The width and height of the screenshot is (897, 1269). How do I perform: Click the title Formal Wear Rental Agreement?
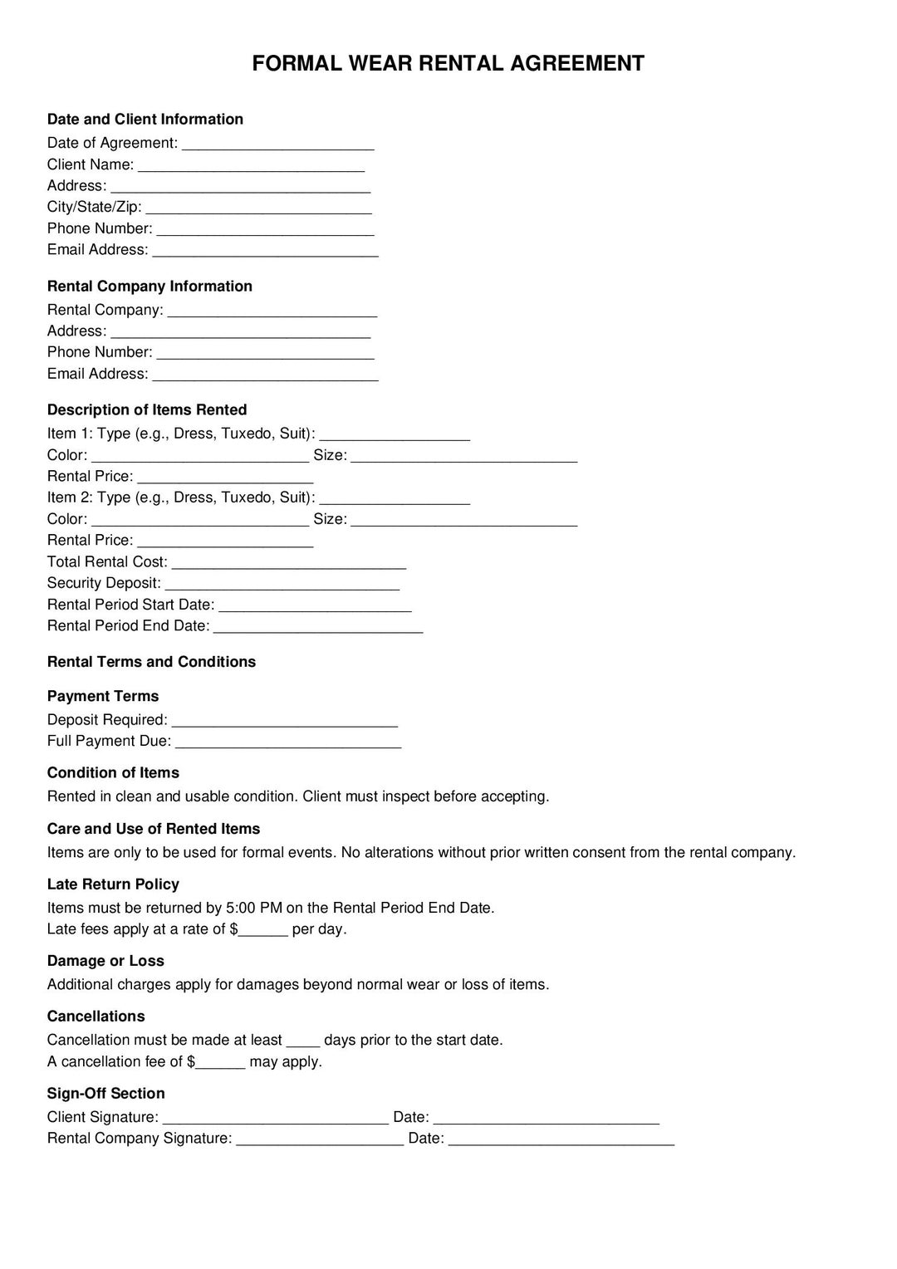448,64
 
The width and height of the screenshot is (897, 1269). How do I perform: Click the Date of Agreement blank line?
277,145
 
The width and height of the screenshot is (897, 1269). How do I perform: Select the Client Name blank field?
251,166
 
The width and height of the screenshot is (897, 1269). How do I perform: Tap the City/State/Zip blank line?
258,208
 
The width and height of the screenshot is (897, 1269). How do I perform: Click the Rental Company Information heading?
149,287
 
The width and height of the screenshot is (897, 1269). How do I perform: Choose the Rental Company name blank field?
272,311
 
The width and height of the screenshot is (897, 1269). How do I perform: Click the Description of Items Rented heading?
147,410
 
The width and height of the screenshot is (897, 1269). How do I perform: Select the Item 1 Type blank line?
395,435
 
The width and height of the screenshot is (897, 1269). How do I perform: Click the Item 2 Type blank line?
395,499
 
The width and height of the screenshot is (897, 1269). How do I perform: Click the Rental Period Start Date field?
315,606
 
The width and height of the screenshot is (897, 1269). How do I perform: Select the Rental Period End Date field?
318,627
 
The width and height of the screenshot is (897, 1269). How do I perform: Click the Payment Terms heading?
103,697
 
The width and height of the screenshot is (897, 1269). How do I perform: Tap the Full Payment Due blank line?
288,742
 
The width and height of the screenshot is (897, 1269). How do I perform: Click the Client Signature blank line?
275,1119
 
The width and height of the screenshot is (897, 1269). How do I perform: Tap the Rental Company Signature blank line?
320,1139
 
